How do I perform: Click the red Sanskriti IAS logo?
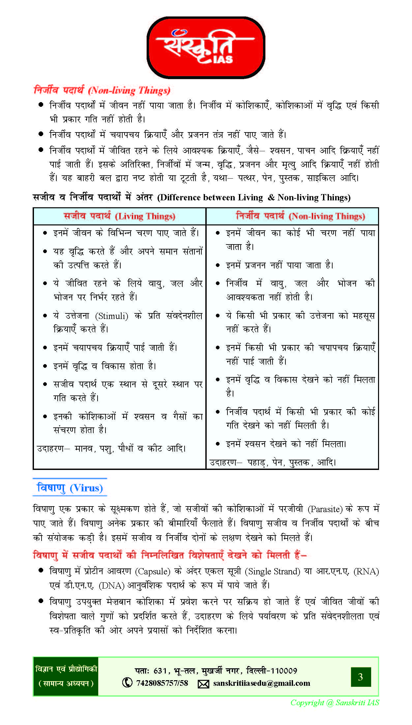tap(206, 48)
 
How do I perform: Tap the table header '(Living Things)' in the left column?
tap(145, 217)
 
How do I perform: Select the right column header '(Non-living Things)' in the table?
tap(327, 217)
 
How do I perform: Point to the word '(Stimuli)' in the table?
tap(111, 316)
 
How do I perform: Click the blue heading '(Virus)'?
tap(86, 488)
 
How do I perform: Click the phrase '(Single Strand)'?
tap(272, 571)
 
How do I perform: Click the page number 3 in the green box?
tap(361, 677)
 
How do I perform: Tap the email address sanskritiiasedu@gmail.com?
tap(262, 683)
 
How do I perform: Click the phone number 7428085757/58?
tap(162, 683)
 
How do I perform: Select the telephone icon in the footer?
tap(127, 682)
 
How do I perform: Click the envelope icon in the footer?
tap(203, 684)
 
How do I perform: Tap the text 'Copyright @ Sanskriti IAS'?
tap(335, 703)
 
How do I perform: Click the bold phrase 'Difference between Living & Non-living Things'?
tap(254, 197)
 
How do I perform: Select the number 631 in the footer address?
tap(160, 671)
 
